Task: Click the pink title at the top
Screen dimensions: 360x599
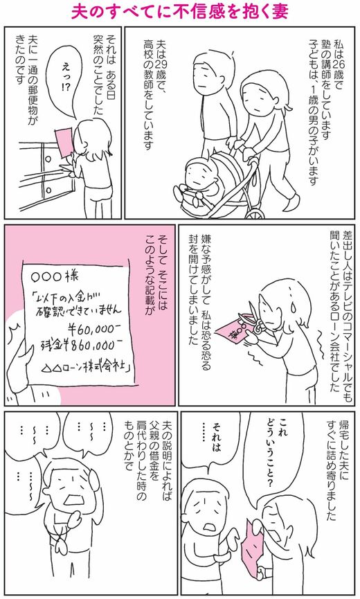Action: coord(180,12)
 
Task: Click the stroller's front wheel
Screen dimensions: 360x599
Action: coord(255,213)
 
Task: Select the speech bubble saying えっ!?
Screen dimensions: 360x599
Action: coord(64,80)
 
